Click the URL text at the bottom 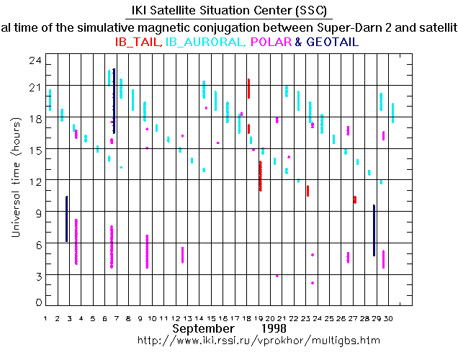[259, 340]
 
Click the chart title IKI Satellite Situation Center [228, 10]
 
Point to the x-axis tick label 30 [389, 318]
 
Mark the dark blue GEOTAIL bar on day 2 [67, 218]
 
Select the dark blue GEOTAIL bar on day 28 [374, 230]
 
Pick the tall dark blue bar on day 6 [114, 101]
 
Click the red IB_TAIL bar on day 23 [307, 191]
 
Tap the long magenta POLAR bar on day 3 [76, 242]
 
